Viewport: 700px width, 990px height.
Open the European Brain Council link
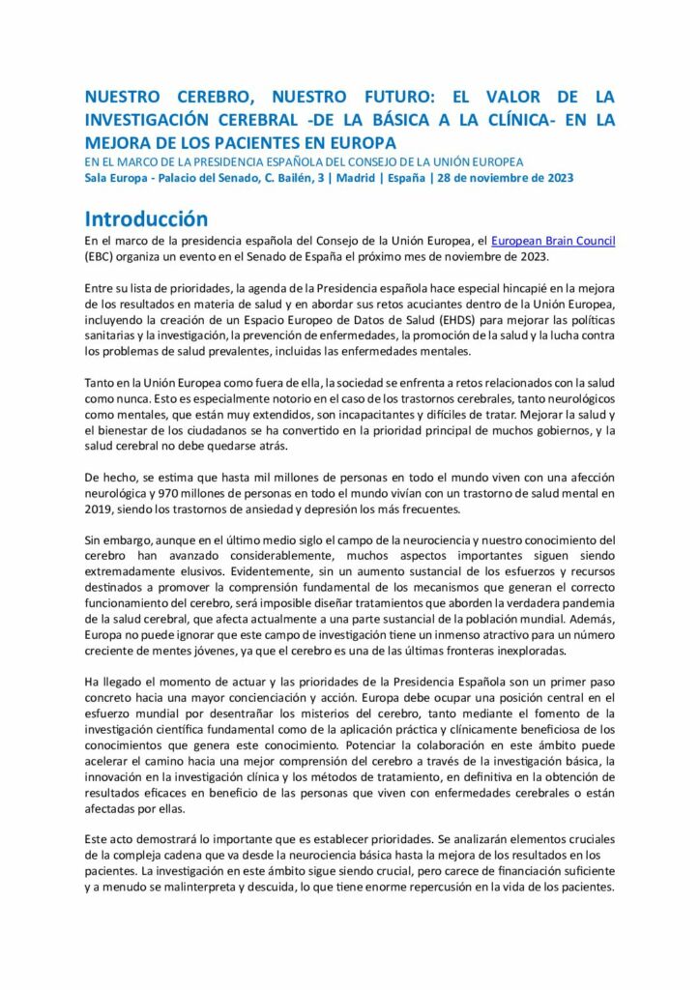(x=553, y=241)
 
